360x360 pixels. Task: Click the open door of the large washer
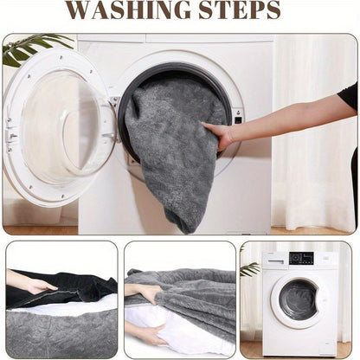[x=60, y=127]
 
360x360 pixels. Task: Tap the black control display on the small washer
[x=301, y=258]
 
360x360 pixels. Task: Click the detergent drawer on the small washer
[x=275, y=262]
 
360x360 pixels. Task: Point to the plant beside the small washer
[x=250, y=269]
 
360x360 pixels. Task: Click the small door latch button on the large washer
[x=238, y=120]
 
